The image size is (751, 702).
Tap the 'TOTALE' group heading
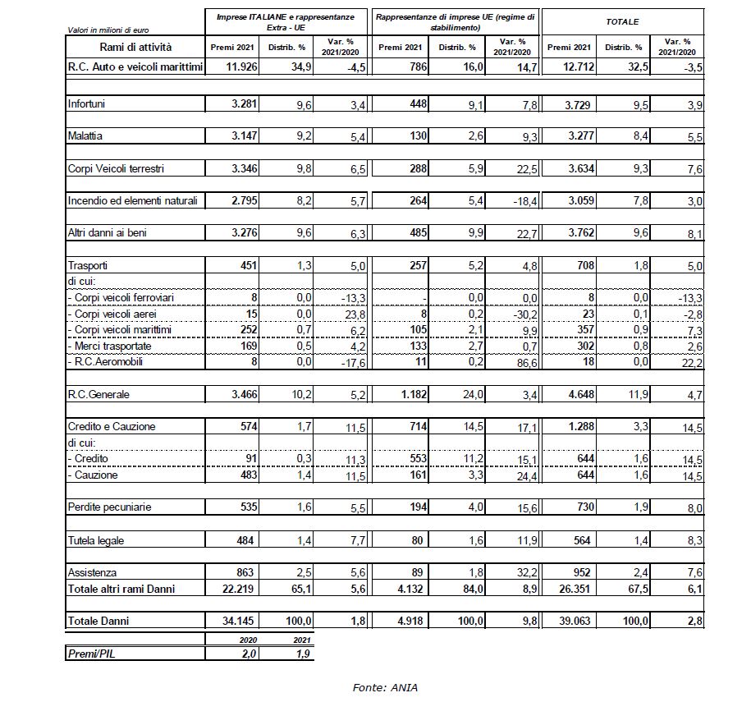pos(622,21)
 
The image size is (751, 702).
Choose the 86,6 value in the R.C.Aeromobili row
pos(523,362)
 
